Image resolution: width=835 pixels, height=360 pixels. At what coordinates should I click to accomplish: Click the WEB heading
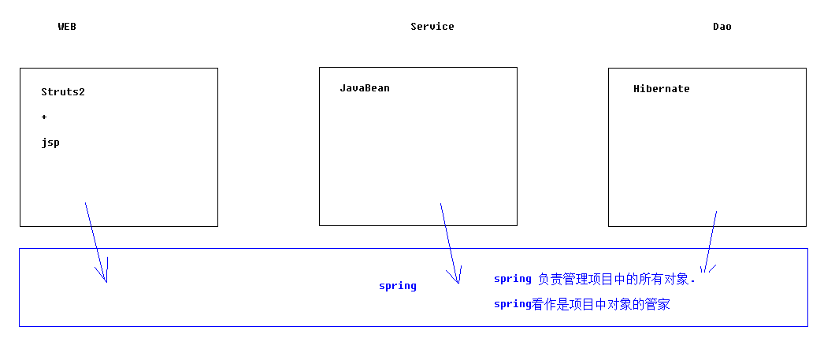(67, 27)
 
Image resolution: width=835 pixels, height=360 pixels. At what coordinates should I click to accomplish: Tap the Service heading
(432, 27)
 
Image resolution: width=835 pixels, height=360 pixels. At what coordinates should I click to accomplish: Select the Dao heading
(722, 27)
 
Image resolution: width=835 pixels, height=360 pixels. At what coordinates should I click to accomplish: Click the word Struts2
(63, 91)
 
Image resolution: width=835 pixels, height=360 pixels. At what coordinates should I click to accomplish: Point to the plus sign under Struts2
(43, 117)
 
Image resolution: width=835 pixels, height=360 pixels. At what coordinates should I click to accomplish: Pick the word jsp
(50, 143)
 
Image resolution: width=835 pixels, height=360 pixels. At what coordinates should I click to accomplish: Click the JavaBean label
(365, 88)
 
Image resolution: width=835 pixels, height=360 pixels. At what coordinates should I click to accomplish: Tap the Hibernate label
(662, 89)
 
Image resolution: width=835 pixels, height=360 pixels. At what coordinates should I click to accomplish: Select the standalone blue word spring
(398, 286)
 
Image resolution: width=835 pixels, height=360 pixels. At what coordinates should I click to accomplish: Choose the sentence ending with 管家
(582, 305)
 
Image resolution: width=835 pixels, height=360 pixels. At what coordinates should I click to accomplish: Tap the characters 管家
(658, 305)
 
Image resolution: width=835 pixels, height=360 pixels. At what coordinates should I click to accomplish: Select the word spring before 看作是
(513, 305)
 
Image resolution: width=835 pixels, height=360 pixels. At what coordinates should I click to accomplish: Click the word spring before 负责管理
(513, 279)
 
